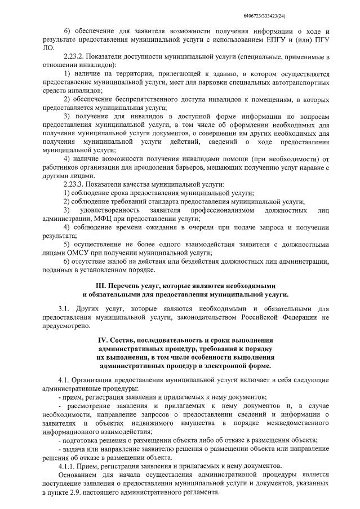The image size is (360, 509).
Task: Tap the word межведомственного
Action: [x=295, y=423]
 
